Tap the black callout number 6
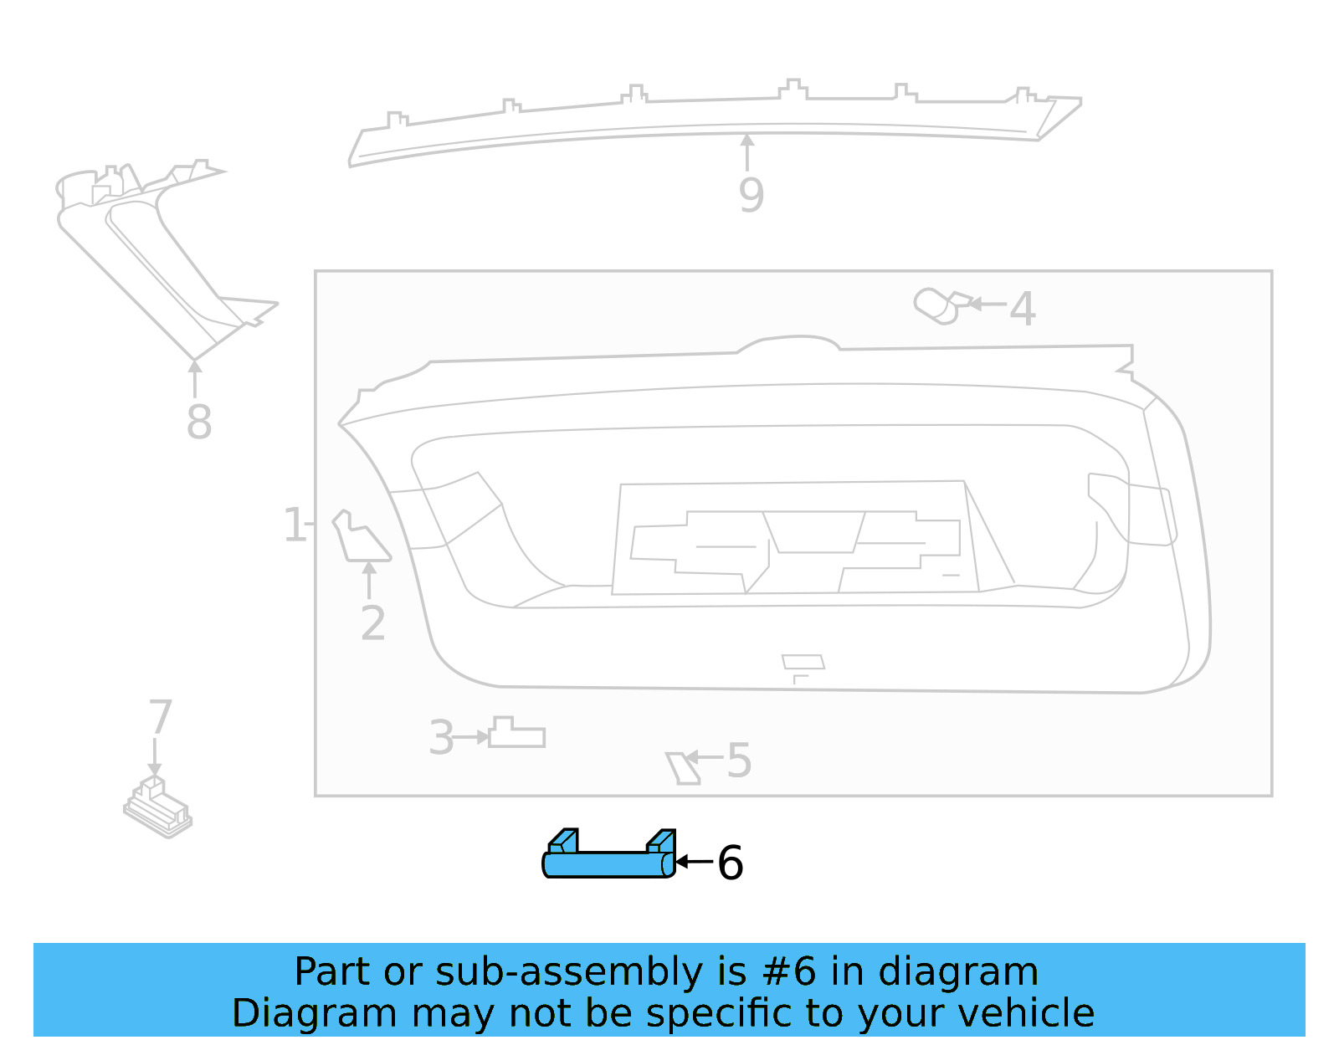point(730,863)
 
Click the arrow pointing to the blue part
point(693,861)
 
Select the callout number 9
point(751,195)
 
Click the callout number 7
point(160,717)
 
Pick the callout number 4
point(1022,309)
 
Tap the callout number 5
point(738,761)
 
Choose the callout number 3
point(441,738)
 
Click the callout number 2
point(372,623)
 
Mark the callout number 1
point(294,525)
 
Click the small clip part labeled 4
point(941,305)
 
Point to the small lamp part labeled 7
point(157,807)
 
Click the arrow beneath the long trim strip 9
point(747,151)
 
